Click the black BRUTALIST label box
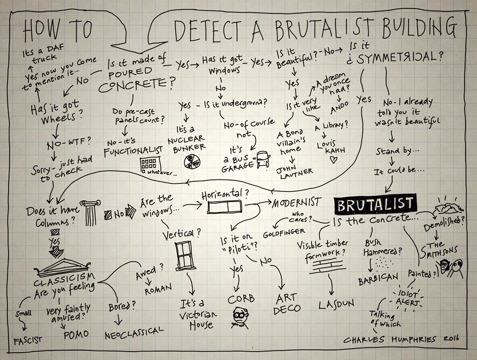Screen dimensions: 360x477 coord(376,204)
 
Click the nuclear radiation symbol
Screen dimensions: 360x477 coord(192,161)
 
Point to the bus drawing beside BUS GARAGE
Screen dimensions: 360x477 coord(262,160)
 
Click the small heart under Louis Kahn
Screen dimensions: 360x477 coord(333,160)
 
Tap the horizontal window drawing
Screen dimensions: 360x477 coord(221,206)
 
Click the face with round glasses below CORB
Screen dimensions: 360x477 coord(239,316)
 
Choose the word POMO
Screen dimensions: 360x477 coord(76,334)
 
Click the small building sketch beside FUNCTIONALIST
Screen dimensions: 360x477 coord(149,165)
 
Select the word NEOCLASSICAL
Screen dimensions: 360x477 coord(134,332)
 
